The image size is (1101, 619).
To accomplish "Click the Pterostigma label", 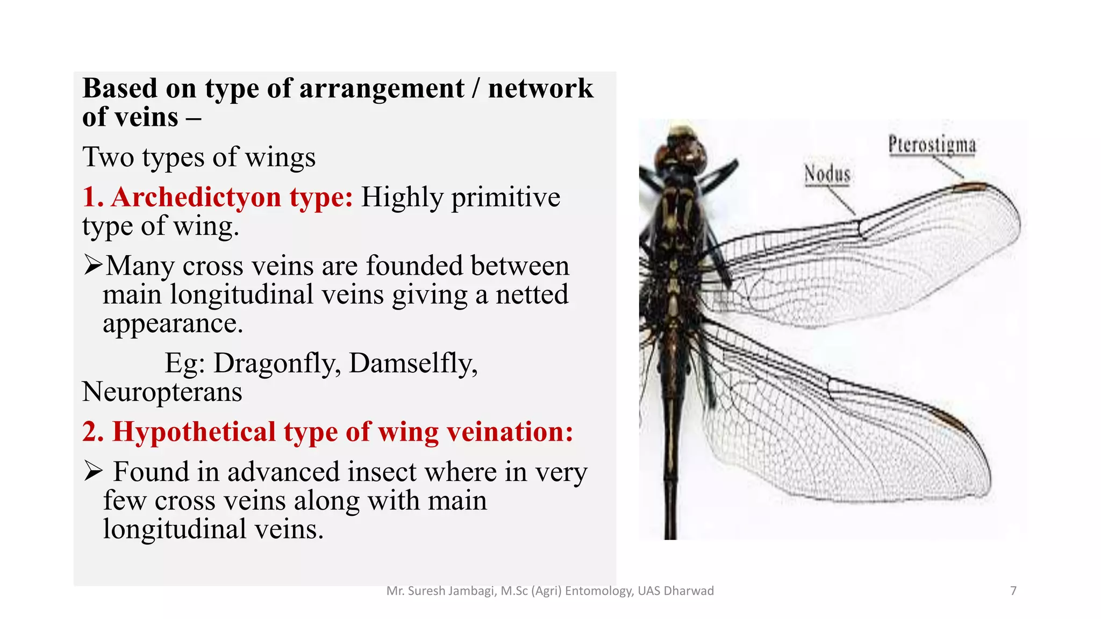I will point(932,145).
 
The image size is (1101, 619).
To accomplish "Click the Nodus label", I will point(827,174).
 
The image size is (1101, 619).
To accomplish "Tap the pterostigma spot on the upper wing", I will point(971,187).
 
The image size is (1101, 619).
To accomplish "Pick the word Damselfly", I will point(413,363).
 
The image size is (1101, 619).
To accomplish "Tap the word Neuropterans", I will point(162,392).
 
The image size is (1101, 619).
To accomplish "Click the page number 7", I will point(1013,591).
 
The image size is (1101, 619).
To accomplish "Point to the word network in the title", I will point(540,89).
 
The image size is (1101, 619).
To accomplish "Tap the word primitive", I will point(505,197).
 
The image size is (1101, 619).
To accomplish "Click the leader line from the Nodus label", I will point(841,201).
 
